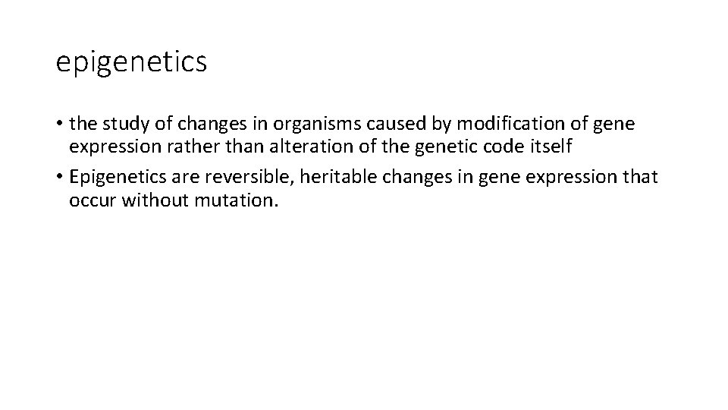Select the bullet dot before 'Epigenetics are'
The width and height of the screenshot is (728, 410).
59,178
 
